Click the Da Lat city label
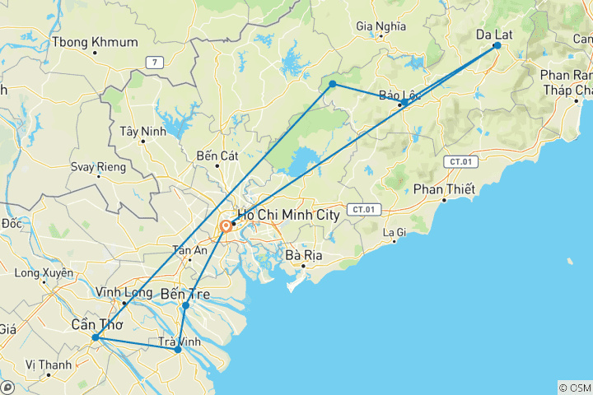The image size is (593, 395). pos(496,34)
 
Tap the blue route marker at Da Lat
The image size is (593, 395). pos(497,46)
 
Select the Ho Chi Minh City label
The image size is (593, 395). pos(288,215)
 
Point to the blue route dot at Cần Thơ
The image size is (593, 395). pos(96,337)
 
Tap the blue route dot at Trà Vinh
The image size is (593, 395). pos(178,350)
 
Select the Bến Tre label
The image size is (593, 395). pos(185,294)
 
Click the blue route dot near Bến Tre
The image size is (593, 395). pos(185,305)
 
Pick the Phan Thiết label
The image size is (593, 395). pos(445,190)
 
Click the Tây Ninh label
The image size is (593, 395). pos(138,131)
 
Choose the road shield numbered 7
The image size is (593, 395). pos(152,63)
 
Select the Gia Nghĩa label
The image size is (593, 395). pos(381,26)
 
